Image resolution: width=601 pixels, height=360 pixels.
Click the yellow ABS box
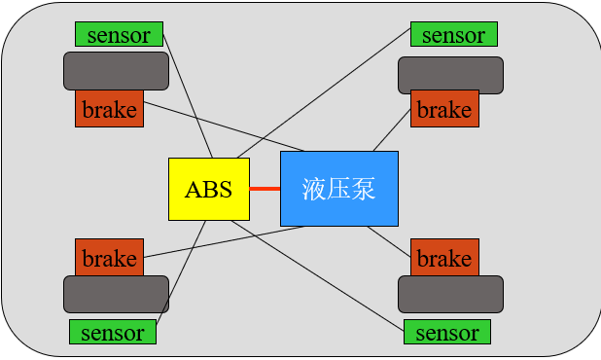[209, 189]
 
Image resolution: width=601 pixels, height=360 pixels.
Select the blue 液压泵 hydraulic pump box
[339, 189]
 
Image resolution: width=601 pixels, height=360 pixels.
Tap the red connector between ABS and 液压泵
[265, 188]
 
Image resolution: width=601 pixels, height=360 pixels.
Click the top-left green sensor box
[119, 34]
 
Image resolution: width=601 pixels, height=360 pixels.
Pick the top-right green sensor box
[454, 34]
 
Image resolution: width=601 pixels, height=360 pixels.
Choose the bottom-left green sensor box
[113, 332]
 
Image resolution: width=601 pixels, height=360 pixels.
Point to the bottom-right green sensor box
[447, 332]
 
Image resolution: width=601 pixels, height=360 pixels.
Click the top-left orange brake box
[109, 109]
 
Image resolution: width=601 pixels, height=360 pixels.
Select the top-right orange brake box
[444, 109]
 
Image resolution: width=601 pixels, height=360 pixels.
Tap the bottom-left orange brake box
[109, 258]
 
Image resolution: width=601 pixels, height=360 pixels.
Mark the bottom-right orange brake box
[444, 258]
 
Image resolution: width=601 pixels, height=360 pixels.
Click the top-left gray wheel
[116, 71]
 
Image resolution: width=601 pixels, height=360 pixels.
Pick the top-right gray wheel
[450, 75]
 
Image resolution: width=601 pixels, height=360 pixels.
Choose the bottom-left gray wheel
[116, 294]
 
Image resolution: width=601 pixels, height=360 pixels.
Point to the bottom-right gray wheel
[450, 294]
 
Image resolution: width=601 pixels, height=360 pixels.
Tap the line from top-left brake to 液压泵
[224, 126]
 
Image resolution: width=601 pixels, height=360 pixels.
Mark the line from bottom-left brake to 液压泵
[224, 242]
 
